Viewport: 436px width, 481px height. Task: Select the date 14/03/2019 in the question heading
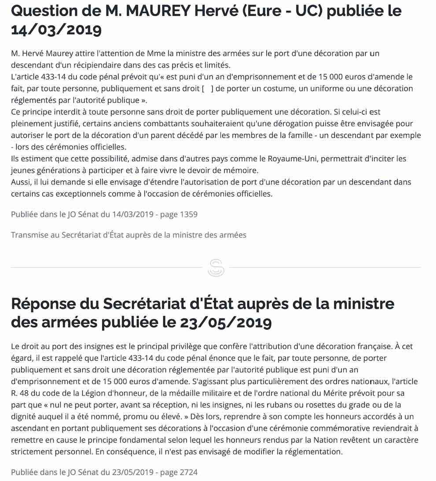(x=56, y=30)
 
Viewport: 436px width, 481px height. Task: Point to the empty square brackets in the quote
(x=207, y=88)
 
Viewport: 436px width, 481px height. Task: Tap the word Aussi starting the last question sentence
(x=21, y=181)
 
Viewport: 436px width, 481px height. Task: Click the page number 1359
(x=186, y=215)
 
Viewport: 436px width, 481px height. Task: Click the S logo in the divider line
(x=216, y=268)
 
